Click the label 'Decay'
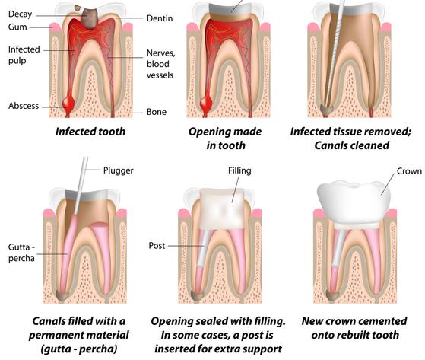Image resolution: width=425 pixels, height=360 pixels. click(x=20, y=14)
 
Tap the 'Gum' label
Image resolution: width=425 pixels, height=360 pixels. click(x=17, y=27)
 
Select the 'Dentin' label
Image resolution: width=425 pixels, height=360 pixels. click(x=160, y=18)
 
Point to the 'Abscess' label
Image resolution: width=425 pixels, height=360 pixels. click(x=24, y=106)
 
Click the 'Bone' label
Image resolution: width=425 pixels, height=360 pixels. click(x=157, y=112)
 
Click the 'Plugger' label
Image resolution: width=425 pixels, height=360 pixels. click(x=119, y=170)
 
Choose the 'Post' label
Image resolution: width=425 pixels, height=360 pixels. click(x=157, y=246)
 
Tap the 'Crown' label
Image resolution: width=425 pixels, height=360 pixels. click(x=409, y=171)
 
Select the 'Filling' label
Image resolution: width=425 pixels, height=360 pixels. click(x=239, y=171)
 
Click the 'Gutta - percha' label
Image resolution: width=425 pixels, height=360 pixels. click(x=21, y=253)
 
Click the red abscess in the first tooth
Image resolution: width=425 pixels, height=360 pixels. click(x=68, y=104)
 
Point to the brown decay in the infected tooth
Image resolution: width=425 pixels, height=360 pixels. click(x=89, y=18)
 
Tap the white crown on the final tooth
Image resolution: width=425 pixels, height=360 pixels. click(x=354, y=201)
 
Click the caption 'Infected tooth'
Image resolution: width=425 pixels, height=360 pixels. click(x=90, y=132)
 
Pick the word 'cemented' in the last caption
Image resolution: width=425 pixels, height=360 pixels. click(x=381, y=321)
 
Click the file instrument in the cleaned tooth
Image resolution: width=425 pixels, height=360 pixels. click(x=334, y=55)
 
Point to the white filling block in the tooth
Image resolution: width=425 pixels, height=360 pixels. click(x=222, y=209)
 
